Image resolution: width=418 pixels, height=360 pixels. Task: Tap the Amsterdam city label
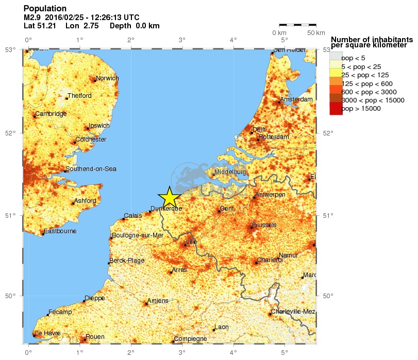click(296, 99)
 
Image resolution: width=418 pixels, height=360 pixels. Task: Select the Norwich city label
click(107, 78)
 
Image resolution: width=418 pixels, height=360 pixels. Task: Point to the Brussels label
click(264, 225)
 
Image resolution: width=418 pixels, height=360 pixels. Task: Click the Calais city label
click(132, 216)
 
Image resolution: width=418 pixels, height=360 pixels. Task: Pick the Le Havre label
click(48, 333)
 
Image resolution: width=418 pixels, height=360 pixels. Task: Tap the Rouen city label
click(95, 337)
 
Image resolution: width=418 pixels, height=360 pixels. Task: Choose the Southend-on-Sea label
click(91, 169)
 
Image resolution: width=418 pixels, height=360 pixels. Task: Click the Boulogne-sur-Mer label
click(138, 235)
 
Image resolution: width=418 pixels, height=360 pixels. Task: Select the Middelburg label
click(230, 172)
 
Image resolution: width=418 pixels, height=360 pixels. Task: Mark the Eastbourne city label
click(60, 231)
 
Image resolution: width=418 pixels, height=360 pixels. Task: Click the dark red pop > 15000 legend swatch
click(336, 109)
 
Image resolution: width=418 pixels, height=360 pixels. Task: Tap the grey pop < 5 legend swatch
click(336, 57)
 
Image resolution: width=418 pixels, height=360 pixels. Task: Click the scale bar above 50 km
click(297, 24)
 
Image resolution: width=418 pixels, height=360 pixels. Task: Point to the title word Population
click(45, 8)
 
